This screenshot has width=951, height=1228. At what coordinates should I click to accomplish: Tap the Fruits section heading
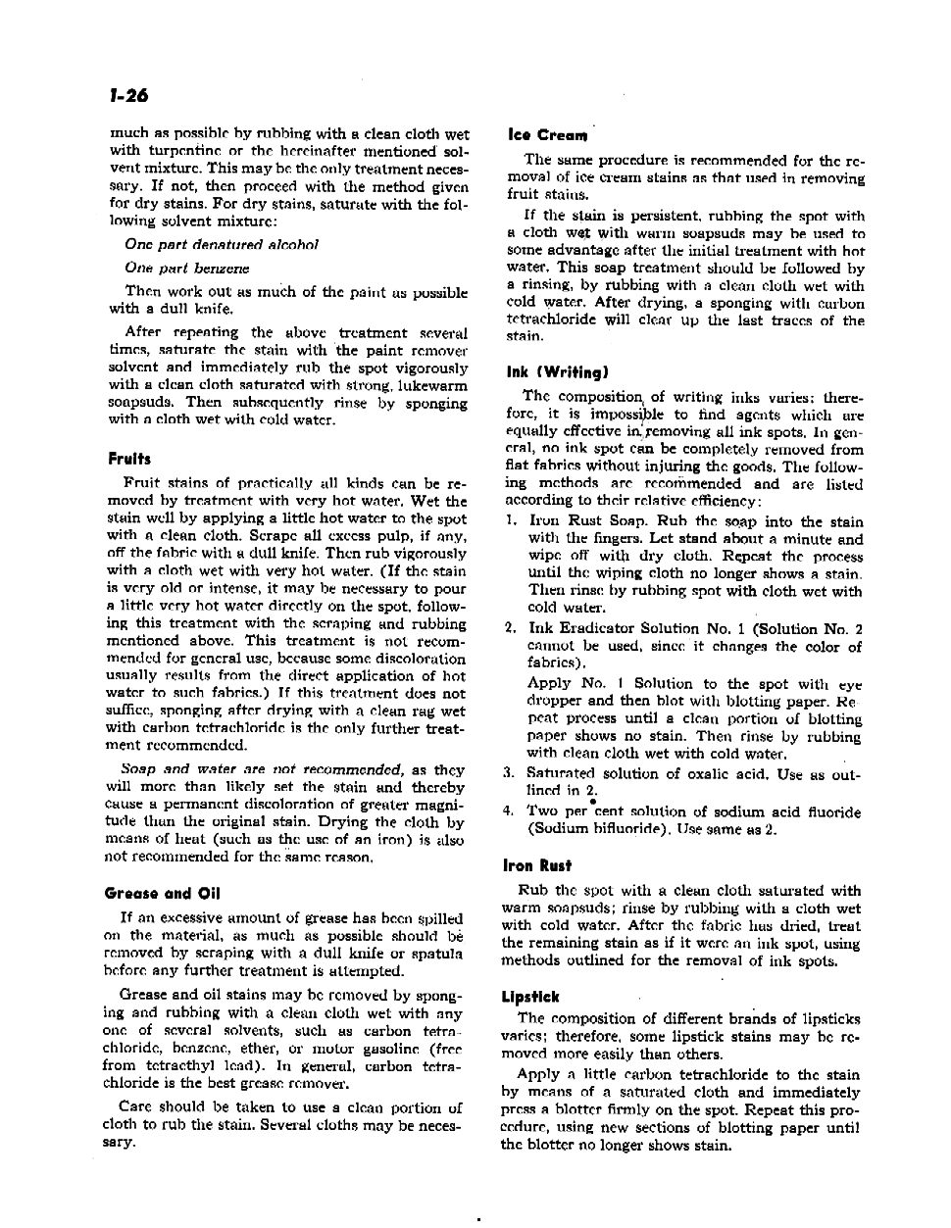click(x=129, y=459)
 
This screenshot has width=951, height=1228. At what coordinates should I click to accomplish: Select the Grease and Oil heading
click(x=162, y=893)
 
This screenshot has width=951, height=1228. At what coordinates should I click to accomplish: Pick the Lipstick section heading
click(x=529, y=997)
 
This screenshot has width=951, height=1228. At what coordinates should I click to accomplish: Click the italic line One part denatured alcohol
click(x=221, y=244)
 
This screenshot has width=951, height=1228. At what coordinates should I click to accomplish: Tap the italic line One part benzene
click(x=186, y=268)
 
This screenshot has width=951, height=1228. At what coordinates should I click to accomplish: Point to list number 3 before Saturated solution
click(x=509, y=773)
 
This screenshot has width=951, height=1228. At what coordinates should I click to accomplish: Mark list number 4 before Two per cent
click(x=509, y=811)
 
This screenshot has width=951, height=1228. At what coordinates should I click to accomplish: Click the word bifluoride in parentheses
click(x=629, y=829)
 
